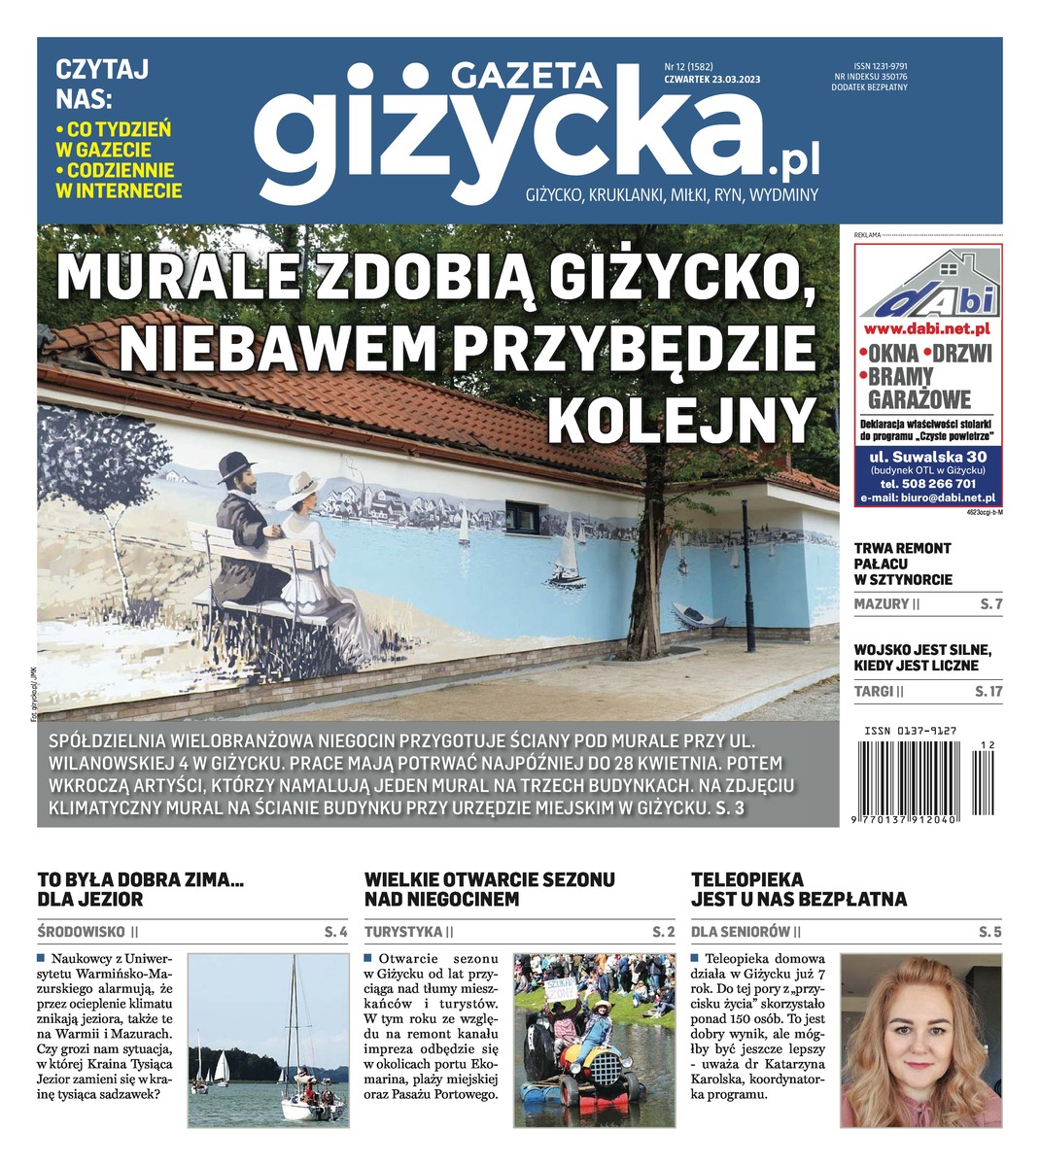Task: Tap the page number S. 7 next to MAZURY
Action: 991,604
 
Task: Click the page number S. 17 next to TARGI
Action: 988,692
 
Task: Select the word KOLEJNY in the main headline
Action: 680,419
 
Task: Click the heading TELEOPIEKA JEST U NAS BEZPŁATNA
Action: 798,889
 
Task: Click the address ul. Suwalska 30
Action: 927,457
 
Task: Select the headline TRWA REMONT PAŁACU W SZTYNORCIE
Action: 903,564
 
